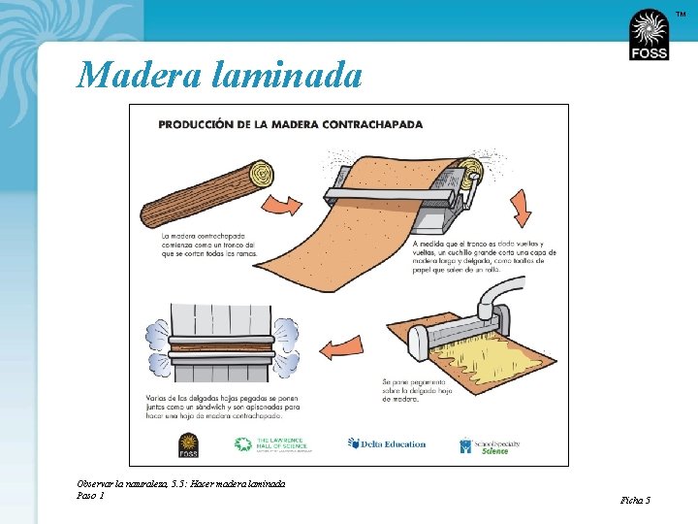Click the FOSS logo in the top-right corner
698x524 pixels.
pos(649,35)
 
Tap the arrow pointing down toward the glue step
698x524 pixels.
pos(520,201)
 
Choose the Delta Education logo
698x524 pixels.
pos(387,444)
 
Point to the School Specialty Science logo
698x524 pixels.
pos(491,446)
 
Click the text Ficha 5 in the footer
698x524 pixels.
pos(635,500)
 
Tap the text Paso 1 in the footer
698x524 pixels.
pos(90,495)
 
